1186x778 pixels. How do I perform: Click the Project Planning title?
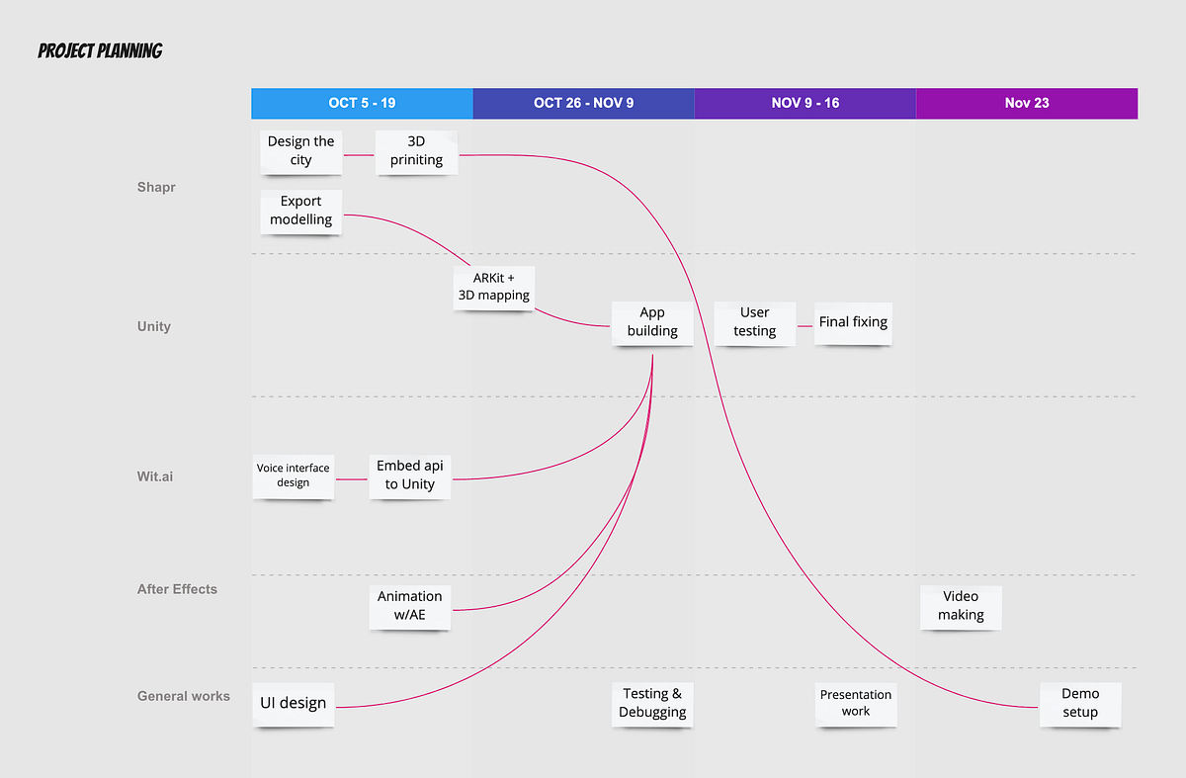pos(100,50)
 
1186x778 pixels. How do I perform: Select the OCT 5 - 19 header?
pos(362,103)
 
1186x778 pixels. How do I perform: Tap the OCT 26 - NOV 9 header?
pos(583,103)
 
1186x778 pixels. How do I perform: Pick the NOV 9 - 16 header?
pos(805,103)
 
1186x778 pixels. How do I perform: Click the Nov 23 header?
pos(1027,103)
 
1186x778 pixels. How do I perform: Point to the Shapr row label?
pos(156,187)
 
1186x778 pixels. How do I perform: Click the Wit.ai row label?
pos(154,476)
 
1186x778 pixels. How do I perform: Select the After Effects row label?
pos(177,589)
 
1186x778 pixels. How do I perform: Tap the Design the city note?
pos(300,152)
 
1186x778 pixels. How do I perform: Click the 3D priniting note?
pos(416,152)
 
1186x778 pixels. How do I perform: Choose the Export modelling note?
pos(300,212)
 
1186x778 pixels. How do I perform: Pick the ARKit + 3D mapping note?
pos(493,288)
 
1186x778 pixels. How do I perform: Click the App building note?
pos(652,323)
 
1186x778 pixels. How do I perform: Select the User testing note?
pos(754,323)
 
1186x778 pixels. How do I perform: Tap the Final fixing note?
pos(853,323)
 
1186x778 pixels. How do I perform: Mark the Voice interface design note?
pos(293,476)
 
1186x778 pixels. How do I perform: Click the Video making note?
pos(961,607)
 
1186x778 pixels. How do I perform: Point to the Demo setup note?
pos(1080,705)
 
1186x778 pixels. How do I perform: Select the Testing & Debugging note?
pos(652,705)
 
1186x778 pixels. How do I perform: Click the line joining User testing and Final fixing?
pos(805,326)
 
